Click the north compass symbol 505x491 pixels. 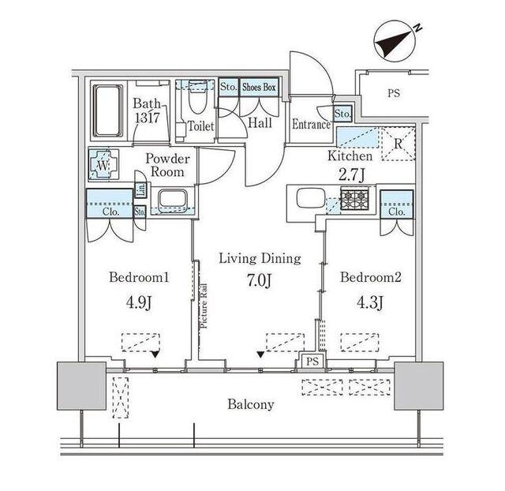398,43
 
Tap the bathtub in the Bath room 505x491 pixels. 108,111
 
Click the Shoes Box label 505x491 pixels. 259,87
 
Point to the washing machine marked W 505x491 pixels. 103,165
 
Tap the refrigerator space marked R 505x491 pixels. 398,144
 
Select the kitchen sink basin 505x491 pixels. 310,198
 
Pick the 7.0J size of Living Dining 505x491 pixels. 260,280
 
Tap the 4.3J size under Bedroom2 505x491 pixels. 370,302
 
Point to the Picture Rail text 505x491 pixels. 204,305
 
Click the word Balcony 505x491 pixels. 251,404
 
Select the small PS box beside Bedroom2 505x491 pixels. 312,361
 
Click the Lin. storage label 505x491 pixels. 141,190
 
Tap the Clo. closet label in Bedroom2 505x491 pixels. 397,212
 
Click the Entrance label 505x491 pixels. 312,125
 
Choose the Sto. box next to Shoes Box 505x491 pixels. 229,87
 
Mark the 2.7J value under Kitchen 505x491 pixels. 352,175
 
